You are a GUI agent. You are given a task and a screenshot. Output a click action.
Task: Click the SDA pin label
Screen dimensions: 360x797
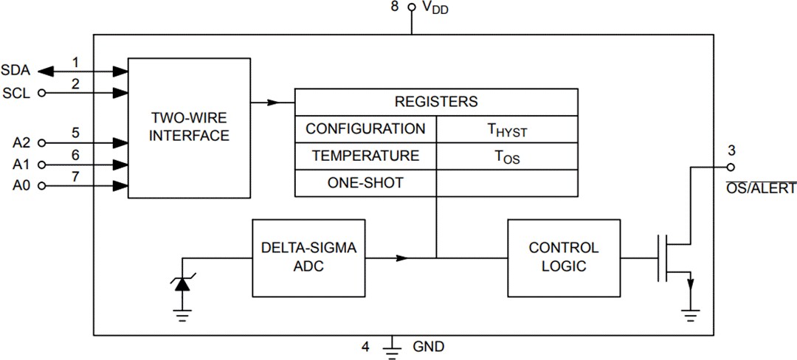tap(15, 71)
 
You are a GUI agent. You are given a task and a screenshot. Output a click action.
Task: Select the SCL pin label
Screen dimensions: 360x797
tap(16, 93)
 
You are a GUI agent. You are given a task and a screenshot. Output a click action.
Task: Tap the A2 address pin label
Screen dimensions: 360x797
tap(22, 142)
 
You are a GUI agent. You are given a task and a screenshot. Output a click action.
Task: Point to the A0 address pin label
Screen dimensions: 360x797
tap(22, 186)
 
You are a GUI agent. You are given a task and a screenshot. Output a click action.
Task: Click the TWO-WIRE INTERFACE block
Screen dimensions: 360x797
tap(190, 127)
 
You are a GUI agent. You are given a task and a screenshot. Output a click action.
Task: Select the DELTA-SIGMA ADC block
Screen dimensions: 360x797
tap(308, 257)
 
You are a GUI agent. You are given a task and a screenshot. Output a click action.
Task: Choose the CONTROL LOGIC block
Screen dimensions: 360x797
tap(564, 257)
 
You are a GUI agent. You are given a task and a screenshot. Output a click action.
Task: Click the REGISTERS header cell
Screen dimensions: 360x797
tap(436, 102)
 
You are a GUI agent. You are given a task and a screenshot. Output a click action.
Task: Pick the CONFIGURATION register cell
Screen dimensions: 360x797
tap(365, 129)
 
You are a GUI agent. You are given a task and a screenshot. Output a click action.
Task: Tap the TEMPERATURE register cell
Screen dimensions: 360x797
tap(365, 156)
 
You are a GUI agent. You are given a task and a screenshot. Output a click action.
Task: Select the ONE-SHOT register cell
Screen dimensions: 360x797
tap(365, 183)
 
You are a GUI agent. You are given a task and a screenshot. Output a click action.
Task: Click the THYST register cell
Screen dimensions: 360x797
tap(506, 130)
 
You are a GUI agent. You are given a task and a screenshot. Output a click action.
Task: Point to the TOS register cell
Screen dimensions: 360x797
tap(506, 157)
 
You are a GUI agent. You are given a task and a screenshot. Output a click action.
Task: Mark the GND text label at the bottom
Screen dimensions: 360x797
tap(429, 346)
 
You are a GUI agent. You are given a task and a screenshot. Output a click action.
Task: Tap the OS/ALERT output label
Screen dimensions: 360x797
tap(761, 189)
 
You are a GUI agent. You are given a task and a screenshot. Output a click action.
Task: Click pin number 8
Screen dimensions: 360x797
tap(395, 7)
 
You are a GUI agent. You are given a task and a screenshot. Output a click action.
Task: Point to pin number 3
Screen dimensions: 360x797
tap(731, 151)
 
